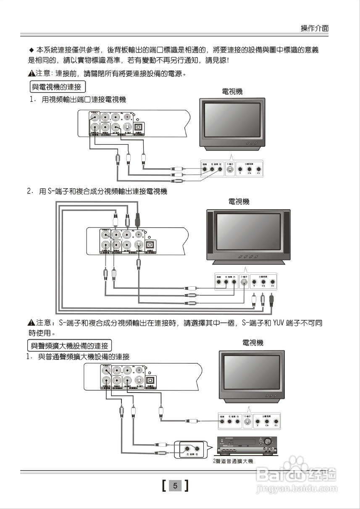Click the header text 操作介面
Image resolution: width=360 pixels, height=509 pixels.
tap(314, 28)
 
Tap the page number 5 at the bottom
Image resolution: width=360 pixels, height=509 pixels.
tap(175, 486)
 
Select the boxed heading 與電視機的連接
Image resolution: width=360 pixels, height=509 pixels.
tap(57, 87)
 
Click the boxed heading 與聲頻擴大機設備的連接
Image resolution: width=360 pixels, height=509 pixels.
tap(69, 345)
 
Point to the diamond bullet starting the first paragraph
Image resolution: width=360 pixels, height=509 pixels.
tap(31, 50)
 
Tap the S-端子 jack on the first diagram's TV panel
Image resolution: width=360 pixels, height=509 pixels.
tap(229, 170)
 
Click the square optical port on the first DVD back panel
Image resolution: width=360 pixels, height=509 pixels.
tap(138, 127)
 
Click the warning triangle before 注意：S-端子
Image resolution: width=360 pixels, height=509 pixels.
tap(31, 323)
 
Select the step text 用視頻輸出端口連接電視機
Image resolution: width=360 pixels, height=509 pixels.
tap(83, 100)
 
